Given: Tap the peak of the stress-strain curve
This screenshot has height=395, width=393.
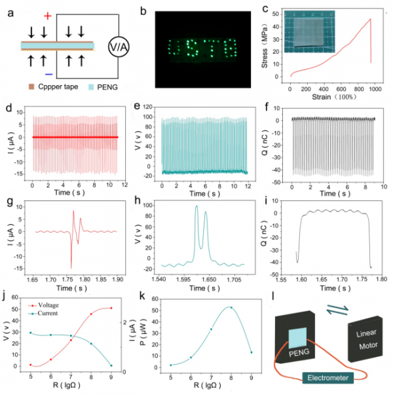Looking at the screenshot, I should coord(371,19).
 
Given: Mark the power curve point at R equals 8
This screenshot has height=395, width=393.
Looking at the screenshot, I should coord(231,307).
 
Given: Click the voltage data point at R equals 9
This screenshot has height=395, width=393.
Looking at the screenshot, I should coord(111,308).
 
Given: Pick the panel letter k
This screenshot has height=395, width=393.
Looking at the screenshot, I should coord(143,295).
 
